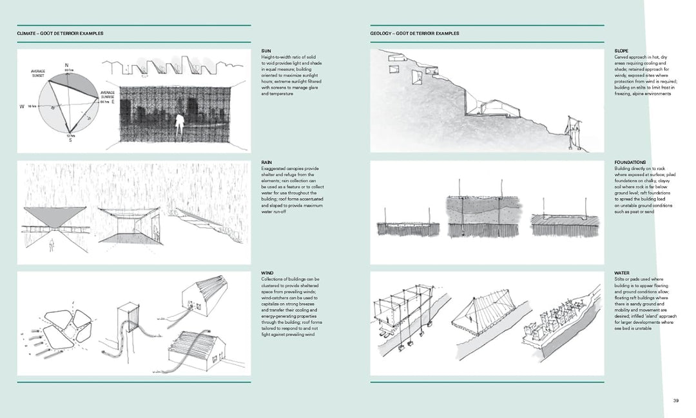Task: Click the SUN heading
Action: [x=266, y=51]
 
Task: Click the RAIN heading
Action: [x=266, y=163]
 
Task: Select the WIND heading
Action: [x=267, y=274]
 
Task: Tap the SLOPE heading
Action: [x=622, y=51]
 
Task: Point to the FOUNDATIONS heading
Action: [x=630, y=163]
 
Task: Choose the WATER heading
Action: [x=622, y=274]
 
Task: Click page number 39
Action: [x=676, y=401]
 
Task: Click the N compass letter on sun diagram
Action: [x=66, y=65]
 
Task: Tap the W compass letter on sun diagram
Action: [x=23, y=106]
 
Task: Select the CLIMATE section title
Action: [x=60, y=33]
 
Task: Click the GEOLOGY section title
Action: [x=414, y=33]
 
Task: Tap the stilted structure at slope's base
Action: [x=572, y=132]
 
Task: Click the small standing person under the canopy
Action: [x=52, y=245]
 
